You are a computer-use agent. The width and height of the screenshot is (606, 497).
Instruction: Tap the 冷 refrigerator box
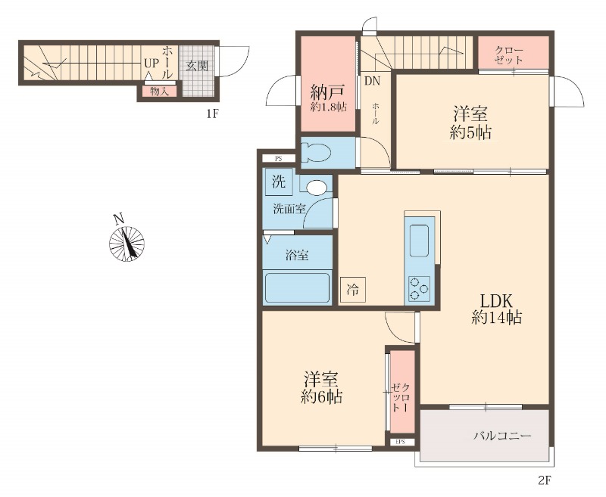(x=352, y=290)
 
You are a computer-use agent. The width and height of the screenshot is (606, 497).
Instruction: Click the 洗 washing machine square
(x=278, y=182)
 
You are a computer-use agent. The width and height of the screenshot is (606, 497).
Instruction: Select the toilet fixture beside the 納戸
(x=317, y=152)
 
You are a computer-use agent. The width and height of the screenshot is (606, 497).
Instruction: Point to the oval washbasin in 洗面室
(x=317, y=187)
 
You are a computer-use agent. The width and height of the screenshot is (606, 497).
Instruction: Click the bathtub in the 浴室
(x=297, y=288)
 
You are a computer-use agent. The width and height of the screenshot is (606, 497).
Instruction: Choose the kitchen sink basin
(x=420, y=241)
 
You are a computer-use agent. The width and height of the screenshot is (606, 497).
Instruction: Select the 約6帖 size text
(x=321, y=397)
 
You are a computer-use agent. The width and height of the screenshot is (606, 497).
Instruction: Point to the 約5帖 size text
(x=470, y=132)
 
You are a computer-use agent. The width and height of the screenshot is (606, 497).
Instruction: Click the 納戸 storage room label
(x=328, y=92)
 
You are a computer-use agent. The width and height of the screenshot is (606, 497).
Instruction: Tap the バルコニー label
(x=502, y=436)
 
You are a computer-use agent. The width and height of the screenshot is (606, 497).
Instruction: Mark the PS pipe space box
(x=279, y=158)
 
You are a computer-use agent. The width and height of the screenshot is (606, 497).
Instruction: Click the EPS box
(x=400, y=442)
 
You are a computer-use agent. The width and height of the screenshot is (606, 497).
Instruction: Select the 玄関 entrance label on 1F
(x=197, y=66)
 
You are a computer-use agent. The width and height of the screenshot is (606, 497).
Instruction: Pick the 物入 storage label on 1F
(x=159, y=92)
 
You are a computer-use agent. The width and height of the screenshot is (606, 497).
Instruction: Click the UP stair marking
(x=151, y=64)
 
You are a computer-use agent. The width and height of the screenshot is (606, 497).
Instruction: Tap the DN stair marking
(x=372, y=81)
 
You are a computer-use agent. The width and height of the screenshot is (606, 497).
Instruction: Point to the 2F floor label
(x=544, y=481)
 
